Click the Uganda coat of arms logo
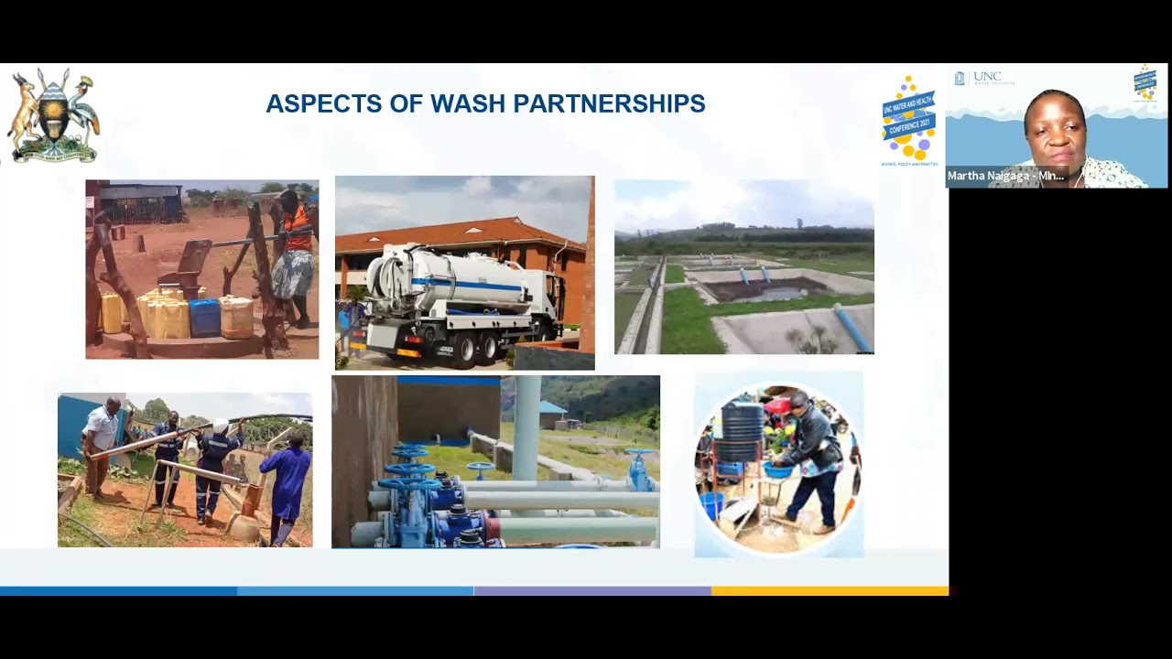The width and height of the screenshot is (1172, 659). (54, 116)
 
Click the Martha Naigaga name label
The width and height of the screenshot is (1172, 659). (1005, 176)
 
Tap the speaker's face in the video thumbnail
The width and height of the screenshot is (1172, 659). (1056, 130)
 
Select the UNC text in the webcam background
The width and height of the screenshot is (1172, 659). (987, 78)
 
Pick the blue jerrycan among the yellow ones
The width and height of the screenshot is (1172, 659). (204, 318)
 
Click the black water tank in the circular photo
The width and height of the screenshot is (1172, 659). (743, 422)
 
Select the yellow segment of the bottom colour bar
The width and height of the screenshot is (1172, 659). (830, 591)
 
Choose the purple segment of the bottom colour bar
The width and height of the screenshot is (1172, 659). (592, 591)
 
